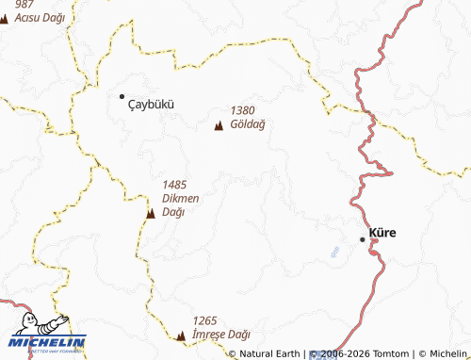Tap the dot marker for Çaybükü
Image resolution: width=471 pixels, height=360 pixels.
[x=122, y=96]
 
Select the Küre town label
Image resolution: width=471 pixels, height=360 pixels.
[x=382, y=232]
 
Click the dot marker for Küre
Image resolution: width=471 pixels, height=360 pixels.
[x=363, y=239]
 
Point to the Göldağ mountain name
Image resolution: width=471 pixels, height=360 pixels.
[x=248, y=123]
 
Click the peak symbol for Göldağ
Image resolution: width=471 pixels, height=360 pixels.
[x=219, y=127]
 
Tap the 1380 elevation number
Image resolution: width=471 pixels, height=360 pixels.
[x=242, y=110]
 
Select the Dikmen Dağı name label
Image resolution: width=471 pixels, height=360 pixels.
[x=180, y=205]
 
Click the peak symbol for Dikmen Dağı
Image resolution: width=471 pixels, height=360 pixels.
[x=150, y=215]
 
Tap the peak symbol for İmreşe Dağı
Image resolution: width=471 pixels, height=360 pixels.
[x=181, y=335]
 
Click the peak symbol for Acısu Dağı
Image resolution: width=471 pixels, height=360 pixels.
[x=2, y=17]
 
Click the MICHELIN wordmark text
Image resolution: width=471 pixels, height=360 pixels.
[x=48, y=342]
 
